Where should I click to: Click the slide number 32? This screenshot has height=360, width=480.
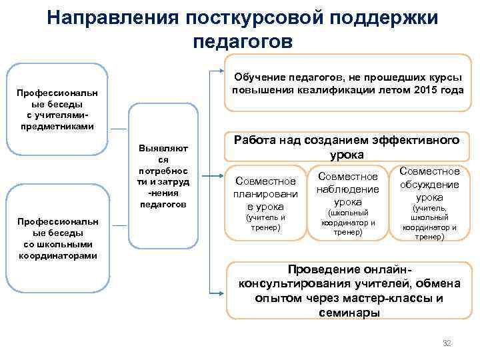pyautogui.click(x=447, y=343)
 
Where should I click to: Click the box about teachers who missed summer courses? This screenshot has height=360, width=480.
pyautogui.click(x=347, y=83)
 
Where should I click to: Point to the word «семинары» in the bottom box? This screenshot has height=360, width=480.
pyautogui.click(x=349, y=313)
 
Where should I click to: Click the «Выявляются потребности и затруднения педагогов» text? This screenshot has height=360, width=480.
pyautogui.click(x=163, y=175)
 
